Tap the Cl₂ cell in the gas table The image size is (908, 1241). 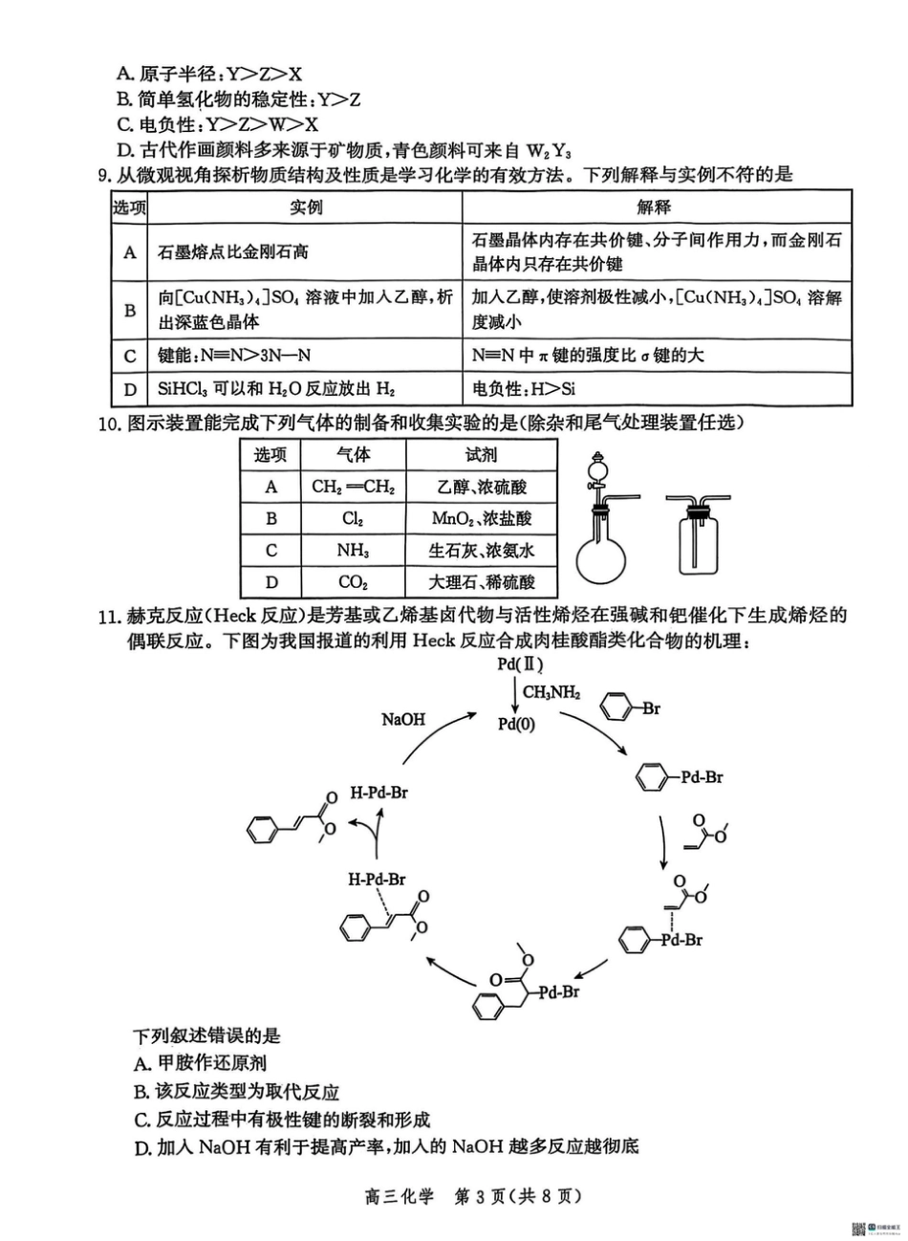pos(352,519)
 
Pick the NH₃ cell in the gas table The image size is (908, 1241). pos(352,551)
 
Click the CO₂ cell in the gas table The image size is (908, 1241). pos(352,582)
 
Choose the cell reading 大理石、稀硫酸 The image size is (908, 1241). pos(481,582)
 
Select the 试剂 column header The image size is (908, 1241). pos(481,456)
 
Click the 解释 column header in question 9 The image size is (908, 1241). pos(655,207)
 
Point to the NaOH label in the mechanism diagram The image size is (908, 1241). pos(402,719)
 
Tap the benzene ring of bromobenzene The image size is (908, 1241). pos(616,709)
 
